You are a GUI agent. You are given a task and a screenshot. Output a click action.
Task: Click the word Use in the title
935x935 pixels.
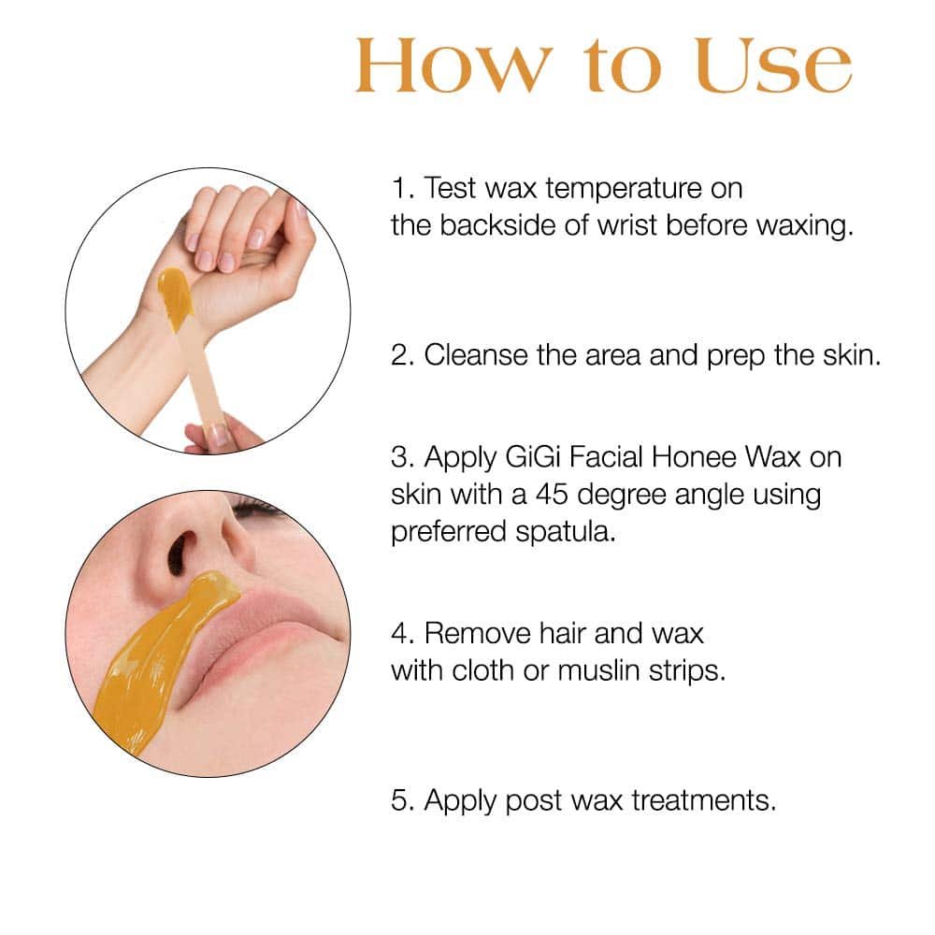click(773, 65)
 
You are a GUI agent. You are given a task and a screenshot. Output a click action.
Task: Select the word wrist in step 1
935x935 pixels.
click(627, 226)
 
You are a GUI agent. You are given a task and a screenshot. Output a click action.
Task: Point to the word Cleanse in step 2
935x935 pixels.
click(475, 355)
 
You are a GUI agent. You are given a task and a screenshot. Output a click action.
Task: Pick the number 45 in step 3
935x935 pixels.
click(552, 495)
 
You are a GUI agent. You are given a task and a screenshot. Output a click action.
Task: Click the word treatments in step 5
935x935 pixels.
click(704, 801)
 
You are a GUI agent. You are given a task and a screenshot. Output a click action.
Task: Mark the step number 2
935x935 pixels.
click(402, 355)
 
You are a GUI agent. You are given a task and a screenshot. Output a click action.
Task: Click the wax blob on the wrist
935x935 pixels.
click(176, 298)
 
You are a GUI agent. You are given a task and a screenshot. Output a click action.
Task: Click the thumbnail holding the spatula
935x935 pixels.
click(218, 435)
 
